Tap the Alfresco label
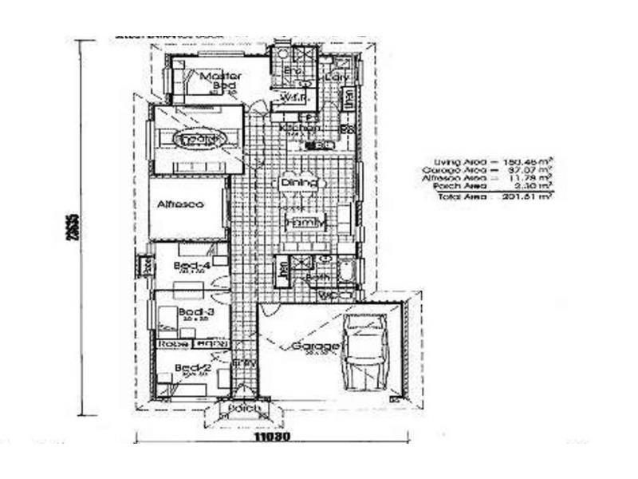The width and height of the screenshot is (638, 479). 180,204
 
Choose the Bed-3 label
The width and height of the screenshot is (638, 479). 195,311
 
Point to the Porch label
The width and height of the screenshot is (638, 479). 244,409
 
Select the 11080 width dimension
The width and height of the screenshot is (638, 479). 271,437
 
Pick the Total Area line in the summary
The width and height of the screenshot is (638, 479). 494,196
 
